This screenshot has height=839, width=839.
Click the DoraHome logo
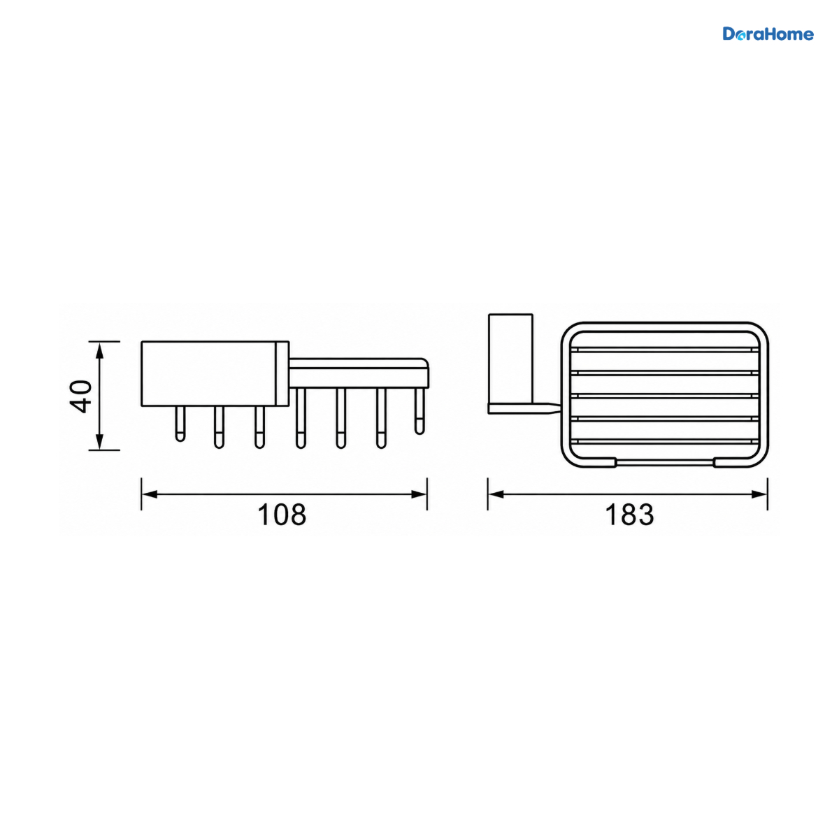[768, 34]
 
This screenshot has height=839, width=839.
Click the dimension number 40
[81, 396]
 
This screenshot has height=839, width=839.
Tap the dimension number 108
[282, 515]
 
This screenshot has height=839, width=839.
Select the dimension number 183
[629, 515]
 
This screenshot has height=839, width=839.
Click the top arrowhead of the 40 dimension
[100, 352]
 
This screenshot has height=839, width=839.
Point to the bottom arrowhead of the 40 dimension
[100, 440]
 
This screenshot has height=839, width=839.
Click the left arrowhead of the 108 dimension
[150, 494]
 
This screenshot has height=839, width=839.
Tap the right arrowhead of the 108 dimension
[419, 494]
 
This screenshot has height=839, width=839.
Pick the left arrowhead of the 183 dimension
[496, 494]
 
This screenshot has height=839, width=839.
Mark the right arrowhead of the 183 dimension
[759, 494]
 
